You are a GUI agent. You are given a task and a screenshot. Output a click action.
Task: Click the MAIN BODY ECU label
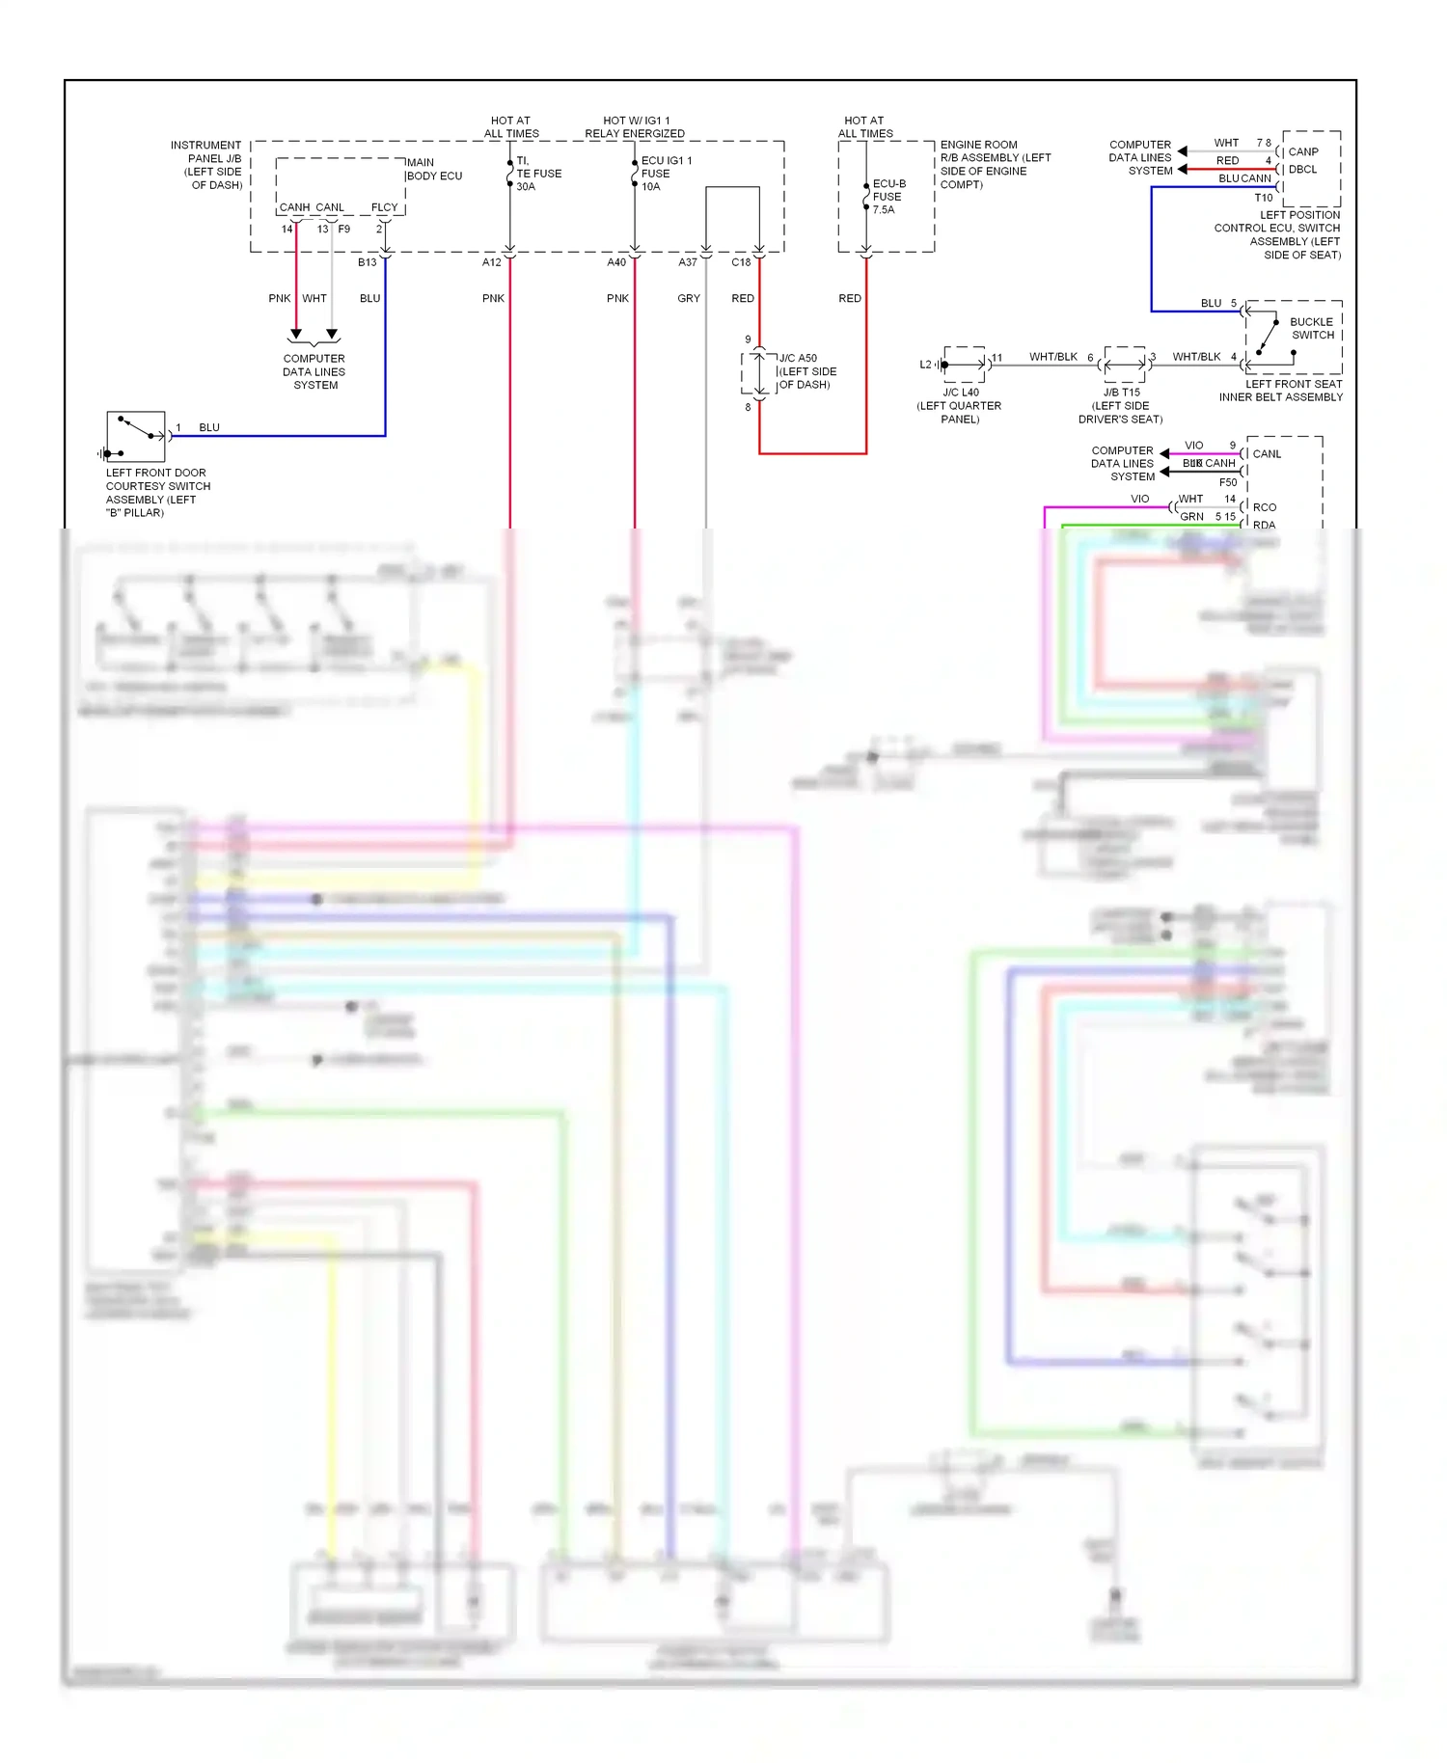point(433,170)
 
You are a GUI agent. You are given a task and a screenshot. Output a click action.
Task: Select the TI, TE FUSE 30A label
point(537,174)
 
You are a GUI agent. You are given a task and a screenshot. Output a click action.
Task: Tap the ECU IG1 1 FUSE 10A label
point(666,174)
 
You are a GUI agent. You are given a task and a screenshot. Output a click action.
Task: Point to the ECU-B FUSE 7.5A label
point(887,196)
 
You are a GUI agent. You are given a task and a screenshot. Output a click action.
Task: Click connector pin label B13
point(367,262)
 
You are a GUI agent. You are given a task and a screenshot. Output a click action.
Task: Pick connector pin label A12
point(491,262)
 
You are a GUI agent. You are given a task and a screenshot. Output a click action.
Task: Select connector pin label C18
point(740,262)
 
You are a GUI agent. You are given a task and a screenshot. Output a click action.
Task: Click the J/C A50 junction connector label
point(807,371)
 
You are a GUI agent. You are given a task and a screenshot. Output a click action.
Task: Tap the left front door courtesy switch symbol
point(135,437)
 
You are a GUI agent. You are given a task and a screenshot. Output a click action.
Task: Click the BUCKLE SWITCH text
point(1312,329)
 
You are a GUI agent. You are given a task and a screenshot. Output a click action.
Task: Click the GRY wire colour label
point(688,299)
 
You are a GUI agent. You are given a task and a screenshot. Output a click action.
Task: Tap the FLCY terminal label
point(384,207)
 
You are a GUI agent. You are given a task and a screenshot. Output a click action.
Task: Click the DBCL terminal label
point(1302,170)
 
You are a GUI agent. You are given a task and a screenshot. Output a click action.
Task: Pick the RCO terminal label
point(1264,507)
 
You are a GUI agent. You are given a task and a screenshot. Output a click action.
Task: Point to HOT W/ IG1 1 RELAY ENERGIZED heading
point(635,127)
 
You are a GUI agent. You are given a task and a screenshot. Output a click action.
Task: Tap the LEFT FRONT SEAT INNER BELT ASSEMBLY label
point(1280,391)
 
